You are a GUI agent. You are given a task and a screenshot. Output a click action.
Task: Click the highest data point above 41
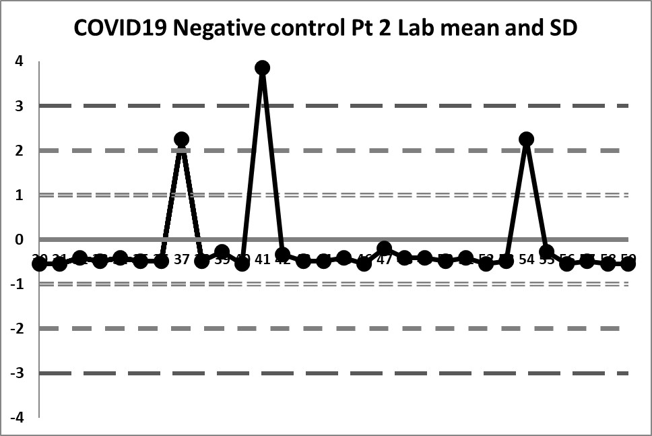coord(263,67)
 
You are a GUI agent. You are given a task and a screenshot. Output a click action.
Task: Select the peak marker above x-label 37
coord(181,139)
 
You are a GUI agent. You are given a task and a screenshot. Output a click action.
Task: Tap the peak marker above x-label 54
coord(527,139)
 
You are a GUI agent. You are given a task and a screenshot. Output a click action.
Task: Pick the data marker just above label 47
coord(385,249)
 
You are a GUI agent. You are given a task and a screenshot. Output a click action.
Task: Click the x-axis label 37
coord(181,259)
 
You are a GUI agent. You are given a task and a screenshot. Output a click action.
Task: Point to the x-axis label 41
coord(263,259)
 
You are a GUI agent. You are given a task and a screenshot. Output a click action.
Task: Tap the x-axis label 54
coord(527,259)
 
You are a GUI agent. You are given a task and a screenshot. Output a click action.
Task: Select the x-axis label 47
coord(385,260)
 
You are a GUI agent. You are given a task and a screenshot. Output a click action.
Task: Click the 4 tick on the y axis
coord(20,61)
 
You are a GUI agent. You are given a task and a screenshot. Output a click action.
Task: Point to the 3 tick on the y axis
coord(20,106)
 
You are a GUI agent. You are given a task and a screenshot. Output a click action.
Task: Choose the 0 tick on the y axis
coord(20,239)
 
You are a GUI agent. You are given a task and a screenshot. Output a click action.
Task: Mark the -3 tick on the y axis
coord(17,373)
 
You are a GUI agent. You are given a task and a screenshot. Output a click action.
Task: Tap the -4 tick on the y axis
coord(17,417)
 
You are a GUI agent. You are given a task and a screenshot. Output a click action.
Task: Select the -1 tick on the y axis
coord(17,284)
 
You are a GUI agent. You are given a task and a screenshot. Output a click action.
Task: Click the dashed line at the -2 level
coord(337,328)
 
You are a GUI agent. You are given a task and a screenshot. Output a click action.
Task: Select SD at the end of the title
coord(564,28)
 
